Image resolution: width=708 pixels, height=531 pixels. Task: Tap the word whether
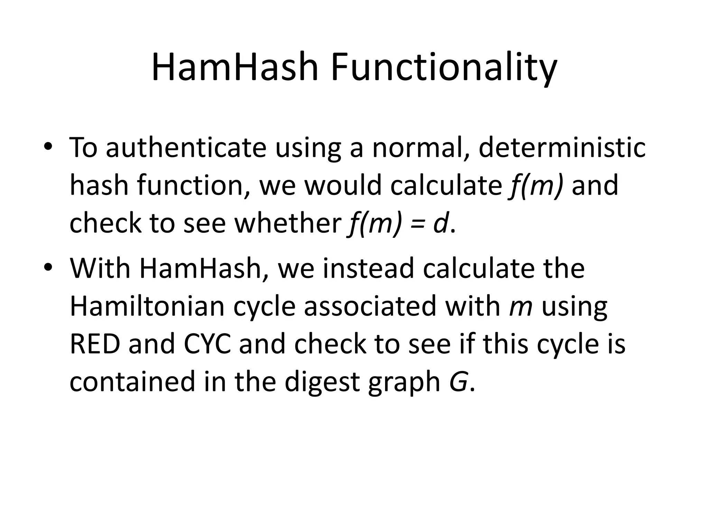[288, 223]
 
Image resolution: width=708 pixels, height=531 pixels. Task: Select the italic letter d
[441, 223]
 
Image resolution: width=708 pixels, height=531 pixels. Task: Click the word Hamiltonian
[147, 306]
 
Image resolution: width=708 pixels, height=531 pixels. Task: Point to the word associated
[370, 306]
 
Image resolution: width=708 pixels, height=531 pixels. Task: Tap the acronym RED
[95, 344]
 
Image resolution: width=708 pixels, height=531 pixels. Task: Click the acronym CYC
[207, 344]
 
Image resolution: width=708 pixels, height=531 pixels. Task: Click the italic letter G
[459, 382]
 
